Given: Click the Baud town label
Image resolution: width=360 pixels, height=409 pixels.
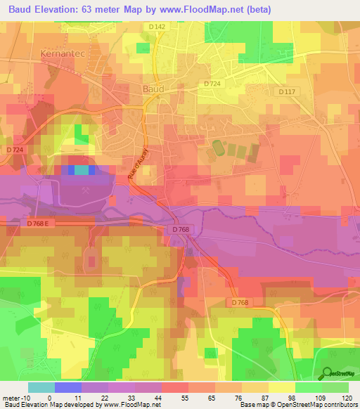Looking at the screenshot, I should pos(153,89).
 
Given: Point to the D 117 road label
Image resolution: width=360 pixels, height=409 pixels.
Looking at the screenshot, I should pos(286,92).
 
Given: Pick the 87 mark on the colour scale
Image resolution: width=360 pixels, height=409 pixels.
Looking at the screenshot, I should pos(262,398).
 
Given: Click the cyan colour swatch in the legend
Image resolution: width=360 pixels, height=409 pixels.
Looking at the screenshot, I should pos(41,387).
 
